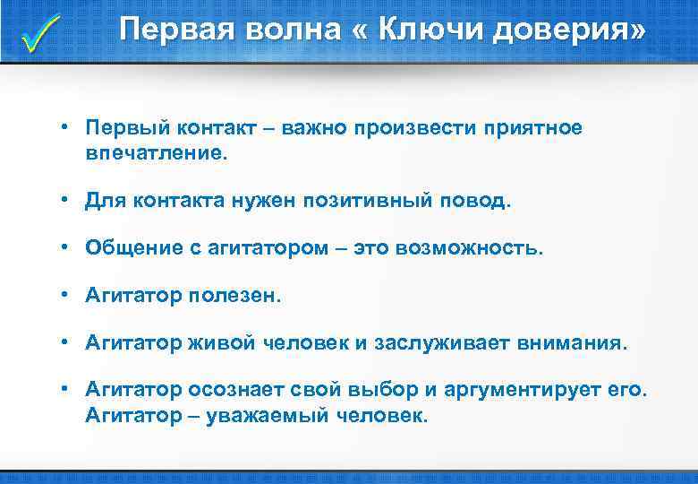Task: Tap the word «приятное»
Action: coord(532,128)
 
